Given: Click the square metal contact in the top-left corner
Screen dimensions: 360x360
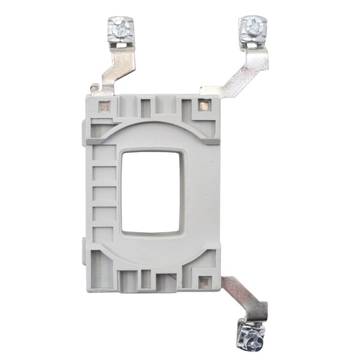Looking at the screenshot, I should tap(104, 106).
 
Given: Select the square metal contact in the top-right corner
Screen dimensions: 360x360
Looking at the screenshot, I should tap(204, 106).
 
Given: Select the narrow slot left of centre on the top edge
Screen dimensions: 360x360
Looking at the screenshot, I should tap(145, 108).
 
